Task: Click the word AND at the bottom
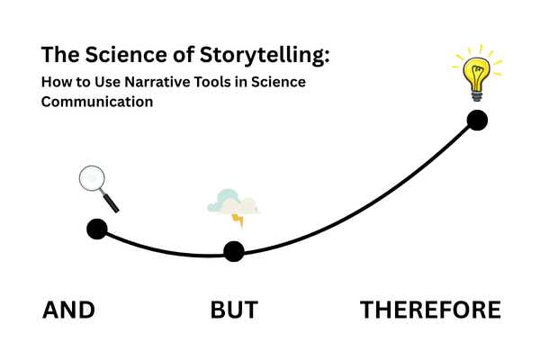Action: click(x=69, y=310)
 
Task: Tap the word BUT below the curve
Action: click(x=234, y=310)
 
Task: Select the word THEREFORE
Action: click(x=430, y=310)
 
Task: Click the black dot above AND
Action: click(x=96, y=229)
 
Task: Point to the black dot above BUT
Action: click(x=233, y=251)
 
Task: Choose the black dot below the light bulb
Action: click(x=477, y=120)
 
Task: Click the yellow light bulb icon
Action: click(x=475, y=72)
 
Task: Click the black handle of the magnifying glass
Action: click(x=112, y=202)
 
